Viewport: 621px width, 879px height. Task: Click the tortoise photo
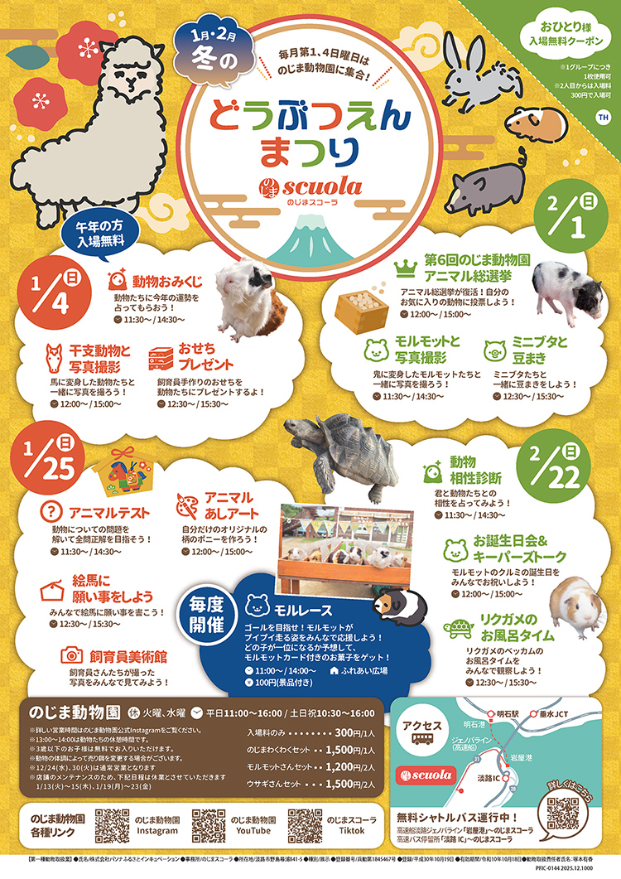[x=339, y=452]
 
